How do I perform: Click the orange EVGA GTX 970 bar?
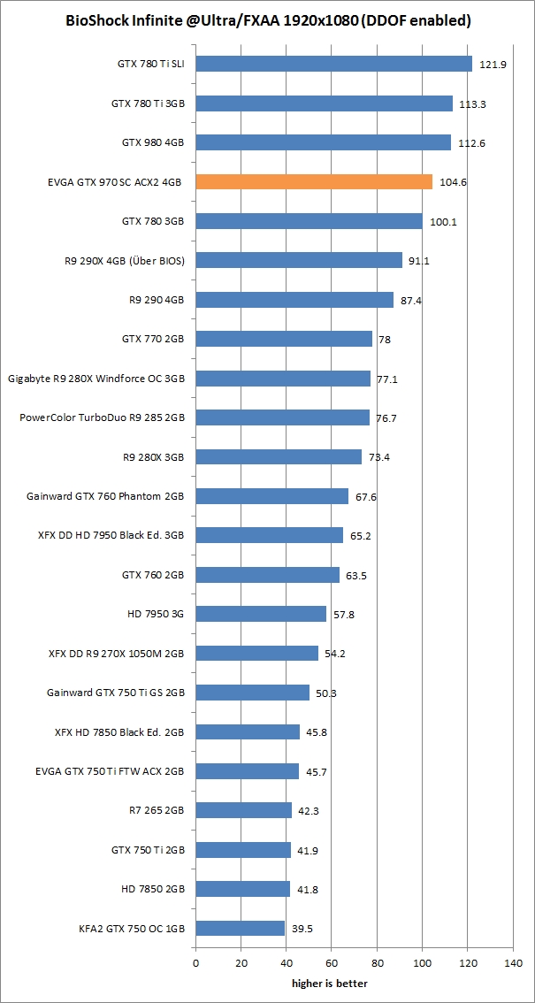314,181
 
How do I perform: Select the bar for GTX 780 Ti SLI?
333,64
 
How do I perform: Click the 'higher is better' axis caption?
329,983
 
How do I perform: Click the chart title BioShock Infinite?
268,20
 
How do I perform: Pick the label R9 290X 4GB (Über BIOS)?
118,260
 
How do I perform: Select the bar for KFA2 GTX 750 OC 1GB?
240,928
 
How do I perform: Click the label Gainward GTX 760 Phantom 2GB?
105,496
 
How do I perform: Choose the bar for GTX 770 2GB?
284,339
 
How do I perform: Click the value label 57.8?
346,614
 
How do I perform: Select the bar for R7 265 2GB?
243,810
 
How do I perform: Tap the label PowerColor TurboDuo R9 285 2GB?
102,417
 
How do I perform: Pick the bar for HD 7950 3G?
261,614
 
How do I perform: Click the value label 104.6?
453,182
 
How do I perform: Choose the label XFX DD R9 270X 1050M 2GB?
116,654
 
